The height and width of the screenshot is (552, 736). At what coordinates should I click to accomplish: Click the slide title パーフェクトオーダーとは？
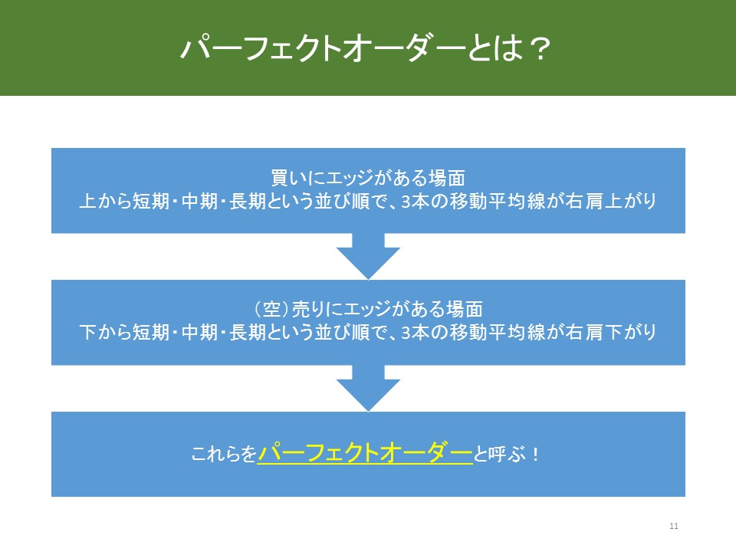tap(365, 48)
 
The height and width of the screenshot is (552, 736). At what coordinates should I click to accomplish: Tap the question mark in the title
tap(539, 48)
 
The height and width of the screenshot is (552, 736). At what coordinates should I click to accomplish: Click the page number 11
tap(674, 526)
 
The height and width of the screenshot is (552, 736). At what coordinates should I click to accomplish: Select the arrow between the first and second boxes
tap(369, 256)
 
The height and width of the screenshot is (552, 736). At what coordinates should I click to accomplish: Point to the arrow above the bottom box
tap(369, 388)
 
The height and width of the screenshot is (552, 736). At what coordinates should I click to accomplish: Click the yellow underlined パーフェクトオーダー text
tap(365, 453)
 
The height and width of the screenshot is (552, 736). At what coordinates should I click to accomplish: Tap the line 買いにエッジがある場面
tap(368, 179)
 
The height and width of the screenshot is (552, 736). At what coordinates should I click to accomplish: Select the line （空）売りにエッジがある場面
tap(368, 310)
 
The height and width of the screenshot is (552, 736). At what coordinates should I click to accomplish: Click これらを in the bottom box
tap(224, 454)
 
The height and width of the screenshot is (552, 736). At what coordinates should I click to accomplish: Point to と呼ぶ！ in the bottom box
tap(507, 454)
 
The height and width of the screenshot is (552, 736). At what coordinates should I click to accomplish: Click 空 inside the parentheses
tap(271, 310)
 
